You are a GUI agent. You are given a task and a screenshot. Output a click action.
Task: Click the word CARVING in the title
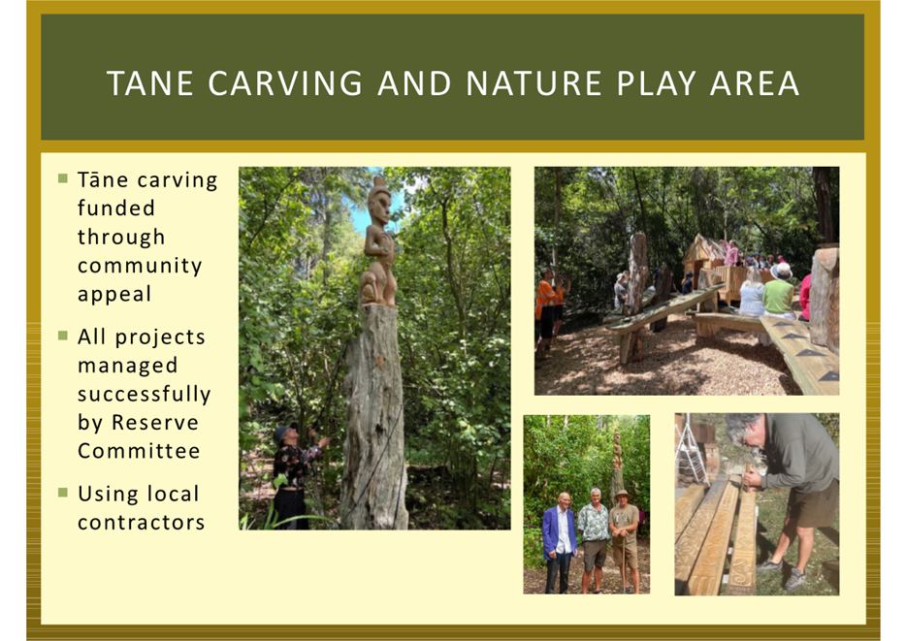tap(285, 83)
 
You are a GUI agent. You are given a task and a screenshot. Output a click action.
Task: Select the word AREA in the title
tap(755, 83)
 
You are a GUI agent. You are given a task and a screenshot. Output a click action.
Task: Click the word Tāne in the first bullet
tap(103, 179)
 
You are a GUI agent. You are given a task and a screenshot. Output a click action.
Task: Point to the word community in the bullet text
tap(140, 266)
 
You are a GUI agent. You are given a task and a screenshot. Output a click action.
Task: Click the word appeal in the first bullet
tap(114, 295)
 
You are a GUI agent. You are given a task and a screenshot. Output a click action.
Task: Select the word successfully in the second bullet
tap(145, 395)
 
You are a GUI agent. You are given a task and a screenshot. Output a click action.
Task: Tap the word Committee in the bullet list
tap(139, 450)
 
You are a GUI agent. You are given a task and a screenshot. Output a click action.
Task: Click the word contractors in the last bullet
tap(142, 523)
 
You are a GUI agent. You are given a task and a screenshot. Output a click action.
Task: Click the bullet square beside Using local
tap(63, 493)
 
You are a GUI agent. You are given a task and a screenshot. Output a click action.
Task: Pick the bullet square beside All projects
tap(63, 336)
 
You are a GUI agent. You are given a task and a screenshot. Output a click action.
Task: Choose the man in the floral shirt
tap(594, 540)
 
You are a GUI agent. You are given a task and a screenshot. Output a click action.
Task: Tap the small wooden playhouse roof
tap(705, 248)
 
